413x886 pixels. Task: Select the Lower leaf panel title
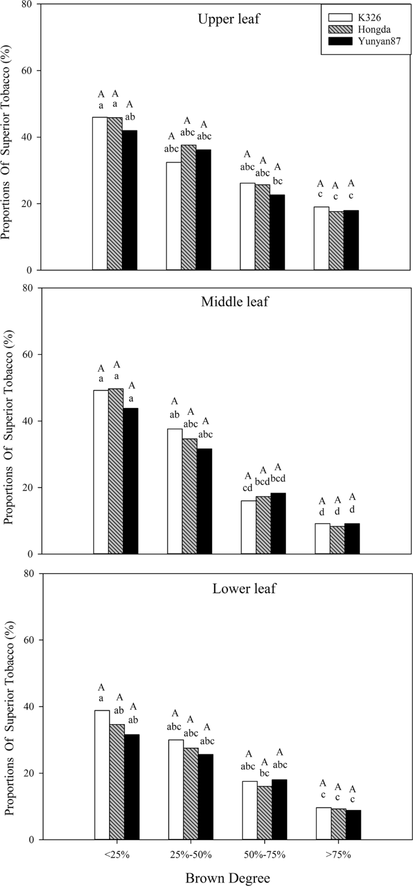click(x=236, y=587)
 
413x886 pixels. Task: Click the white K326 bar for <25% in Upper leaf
click(x=99, y=193)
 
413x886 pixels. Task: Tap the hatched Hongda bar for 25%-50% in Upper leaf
click(x=188, y=207)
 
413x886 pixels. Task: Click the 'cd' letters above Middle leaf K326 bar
click(x=248, y=488)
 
